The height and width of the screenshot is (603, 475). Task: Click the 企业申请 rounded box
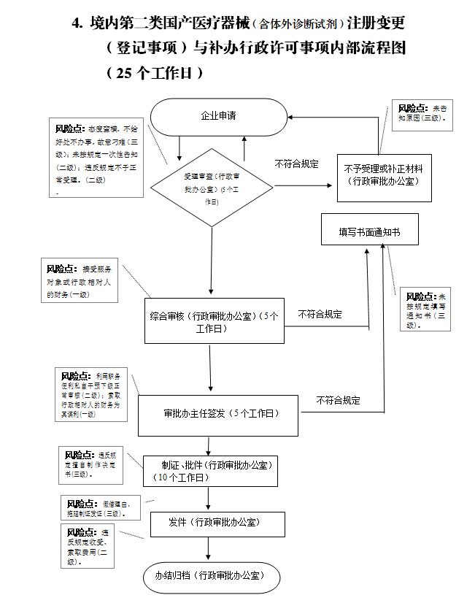(218, 116)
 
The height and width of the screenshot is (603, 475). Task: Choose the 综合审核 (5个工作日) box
(215, 321)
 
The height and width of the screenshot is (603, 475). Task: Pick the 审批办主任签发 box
(218, 414)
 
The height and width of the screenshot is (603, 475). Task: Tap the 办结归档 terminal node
(209, 577)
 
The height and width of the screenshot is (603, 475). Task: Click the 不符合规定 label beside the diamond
(296, 164)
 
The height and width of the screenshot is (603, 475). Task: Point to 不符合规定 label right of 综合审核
(320, 314)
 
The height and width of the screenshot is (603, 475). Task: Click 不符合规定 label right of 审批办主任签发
(338, 400)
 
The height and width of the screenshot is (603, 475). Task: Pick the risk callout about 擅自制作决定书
(90, 464)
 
